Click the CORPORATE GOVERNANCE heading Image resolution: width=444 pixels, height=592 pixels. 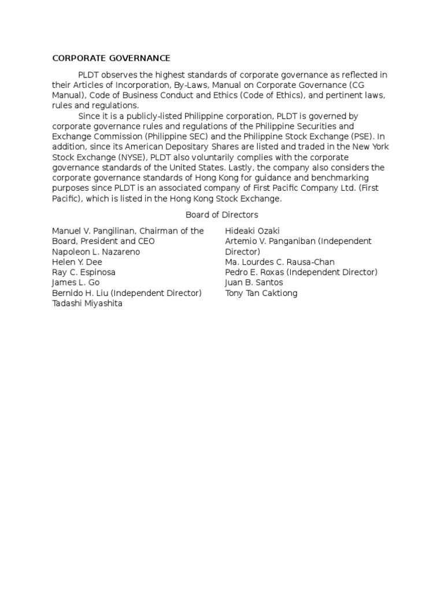[x=111, y=58]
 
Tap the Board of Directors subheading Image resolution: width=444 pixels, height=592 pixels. [x=221, y=215]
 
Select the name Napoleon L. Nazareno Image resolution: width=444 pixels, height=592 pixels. [x=96, y=252]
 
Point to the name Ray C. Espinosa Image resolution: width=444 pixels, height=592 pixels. [x=84, y=272]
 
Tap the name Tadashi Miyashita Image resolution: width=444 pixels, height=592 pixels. [x=87, y=304]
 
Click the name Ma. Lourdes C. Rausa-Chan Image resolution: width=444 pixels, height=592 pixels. [x=280, y=262]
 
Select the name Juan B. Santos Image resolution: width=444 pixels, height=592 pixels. [x=254, y=283]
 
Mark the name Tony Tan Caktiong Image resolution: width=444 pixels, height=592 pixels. [x=261, y=293]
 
